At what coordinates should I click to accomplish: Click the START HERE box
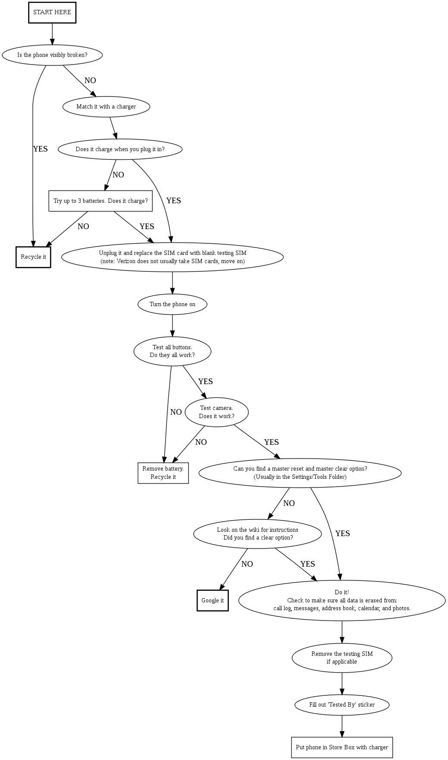click(x=52, y=12)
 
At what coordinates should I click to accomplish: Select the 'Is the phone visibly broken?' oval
click(x=52, y=55)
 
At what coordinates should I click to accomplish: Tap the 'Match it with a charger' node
click(x=106, y=106)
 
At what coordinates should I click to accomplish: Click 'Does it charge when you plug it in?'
click(x=120, y=149)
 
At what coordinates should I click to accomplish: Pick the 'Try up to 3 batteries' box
click(x=100, y=201)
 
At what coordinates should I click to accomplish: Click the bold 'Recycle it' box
click(x=33, y=257)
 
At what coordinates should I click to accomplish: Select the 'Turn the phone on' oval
click(x=172, y=304)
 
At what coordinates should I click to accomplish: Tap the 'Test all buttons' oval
click(x=172, y=351)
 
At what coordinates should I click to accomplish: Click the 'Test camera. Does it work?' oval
click(x=216, y=412)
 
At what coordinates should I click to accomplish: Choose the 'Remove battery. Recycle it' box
click(x=163, y=473)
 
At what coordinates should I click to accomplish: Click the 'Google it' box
click(x=213, y=600)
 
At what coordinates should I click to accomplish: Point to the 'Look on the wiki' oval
click(x=257, y=534)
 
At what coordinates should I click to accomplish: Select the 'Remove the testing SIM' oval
click(x=342, y=658)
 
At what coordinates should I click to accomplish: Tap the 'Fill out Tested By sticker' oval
click(x=342, y=705)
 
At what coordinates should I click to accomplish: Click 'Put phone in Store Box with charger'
click(x=342, y=748)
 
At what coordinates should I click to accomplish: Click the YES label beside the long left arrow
click(x=41, y=149)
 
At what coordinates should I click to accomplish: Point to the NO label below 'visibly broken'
click(x=90, y=81)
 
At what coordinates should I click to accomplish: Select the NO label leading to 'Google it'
click(x=247, y=564)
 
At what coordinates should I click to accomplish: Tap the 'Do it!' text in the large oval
click(x=342, y=592)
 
